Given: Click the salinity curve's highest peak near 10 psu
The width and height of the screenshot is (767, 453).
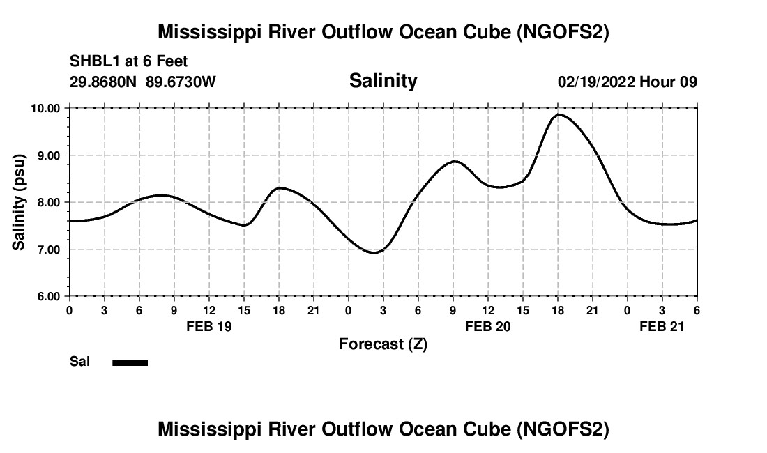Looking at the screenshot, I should pyautogui.click(x=559, y=114).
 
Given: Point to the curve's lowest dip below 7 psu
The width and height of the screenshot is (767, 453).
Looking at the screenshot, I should pyautogui.click(x=374, y=252).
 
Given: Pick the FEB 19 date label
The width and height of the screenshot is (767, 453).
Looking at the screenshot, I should pyautogui.click(x=209, y=326).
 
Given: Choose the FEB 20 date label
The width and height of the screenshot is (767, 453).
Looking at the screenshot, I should pyautogui.click(x=488, y=326).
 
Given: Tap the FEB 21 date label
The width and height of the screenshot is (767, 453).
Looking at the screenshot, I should pyautogui.click(x=662, y=326).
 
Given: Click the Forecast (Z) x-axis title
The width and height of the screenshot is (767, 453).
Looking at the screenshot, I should pyautogui.click(x=383, y=344).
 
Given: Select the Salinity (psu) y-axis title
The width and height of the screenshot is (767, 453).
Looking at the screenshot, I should pyautogui.click(x=20, y=202).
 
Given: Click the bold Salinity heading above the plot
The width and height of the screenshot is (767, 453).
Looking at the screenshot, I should pyautogui.click(x=383, y=81).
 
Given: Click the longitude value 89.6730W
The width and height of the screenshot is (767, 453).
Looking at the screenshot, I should pyautogui.click(x=181, y=82).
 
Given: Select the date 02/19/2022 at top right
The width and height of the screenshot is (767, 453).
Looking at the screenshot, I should pyautogui.click(x=595, y=82).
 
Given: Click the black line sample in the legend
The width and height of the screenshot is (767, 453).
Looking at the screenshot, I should pyautogui.click(x=130, y=362).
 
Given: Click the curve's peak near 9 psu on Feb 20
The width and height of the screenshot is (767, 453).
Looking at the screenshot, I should pyautogui.click(x=455, y=161).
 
